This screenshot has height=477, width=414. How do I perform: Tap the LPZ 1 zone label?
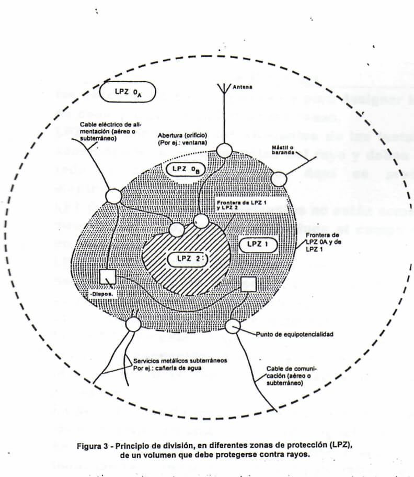[x=257, y=245]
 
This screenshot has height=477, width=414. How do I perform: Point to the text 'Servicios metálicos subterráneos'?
[x=180, y=361]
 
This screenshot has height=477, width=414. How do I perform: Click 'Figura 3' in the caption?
[x=95, y=446]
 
